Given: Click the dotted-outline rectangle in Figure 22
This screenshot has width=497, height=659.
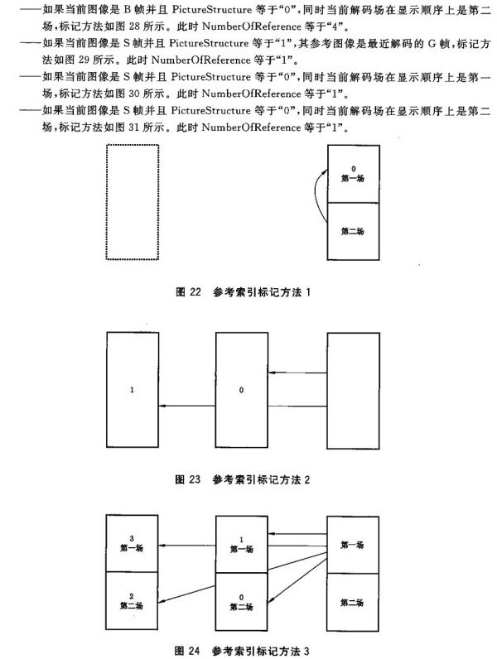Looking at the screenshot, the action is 106,202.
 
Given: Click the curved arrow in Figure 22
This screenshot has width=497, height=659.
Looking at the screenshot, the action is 316,194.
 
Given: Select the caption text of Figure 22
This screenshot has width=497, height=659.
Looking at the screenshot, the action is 243,292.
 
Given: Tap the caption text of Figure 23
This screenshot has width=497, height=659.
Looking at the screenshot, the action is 243,479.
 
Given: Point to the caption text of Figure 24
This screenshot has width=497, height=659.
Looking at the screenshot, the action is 242,651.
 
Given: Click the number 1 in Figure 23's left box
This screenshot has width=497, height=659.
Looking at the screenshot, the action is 132,390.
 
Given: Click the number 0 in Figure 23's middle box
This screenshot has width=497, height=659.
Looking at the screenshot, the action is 241,390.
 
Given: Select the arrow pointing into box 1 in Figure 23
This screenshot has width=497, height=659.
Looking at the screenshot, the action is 187,406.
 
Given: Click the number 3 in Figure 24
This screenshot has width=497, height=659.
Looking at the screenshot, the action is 132,538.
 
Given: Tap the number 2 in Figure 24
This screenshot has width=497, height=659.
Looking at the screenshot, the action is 132,596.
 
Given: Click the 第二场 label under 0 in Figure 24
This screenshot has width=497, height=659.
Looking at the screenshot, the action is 241,607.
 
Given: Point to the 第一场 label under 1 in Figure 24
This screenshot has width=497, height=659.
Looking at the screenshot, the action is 241,549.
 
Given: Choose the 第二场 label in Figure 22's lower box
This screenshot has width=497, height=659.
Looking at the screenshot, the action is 352,231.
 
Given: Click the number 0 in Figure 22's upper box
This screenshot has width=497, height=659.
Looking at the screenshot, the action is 353,169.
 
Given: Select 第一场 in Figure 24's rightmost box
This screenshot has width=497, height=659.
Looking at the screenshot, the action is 352,545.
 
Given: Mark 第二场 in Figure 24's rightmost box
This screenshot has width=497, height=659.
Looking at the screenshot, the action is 352,603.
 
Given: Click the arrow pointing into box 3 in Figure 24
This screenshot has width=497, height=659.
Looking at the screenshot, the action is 187,545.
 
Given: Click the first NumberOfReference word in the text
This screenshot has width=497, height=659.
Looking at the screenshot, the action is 252,26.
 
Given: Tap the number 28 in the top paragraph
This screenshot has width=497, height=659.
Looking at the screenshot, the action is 134,26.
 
